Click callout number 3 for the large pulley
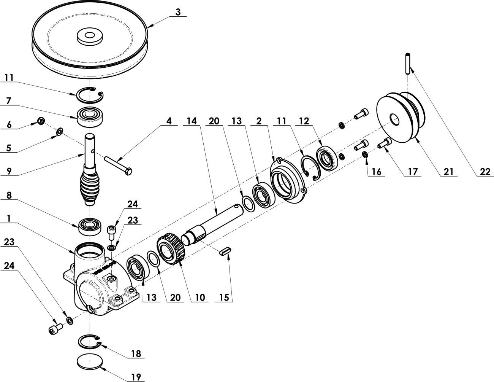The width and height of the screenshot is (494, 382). point(178,12)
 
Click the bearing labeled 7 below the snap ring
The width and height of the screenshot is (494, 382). point(90,116)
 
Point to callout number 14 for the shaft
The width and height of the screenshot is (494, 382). point(192,121)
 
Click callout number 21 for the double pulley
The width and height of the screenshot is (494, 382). point(448,172)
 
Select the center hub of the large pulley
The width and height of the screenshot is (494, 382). point(90,37)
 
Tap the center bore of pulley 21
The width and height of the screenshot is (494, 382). point(394,119)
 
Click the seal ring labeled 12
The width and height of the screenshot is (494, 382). point(327,159)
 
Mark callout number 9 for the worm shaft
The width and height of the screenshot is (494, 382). point(9,171)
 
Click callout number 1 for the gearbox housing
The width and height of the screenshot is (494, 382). point(9,219)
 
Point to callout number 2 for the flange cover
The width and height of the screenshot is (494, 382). point(259,121)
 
